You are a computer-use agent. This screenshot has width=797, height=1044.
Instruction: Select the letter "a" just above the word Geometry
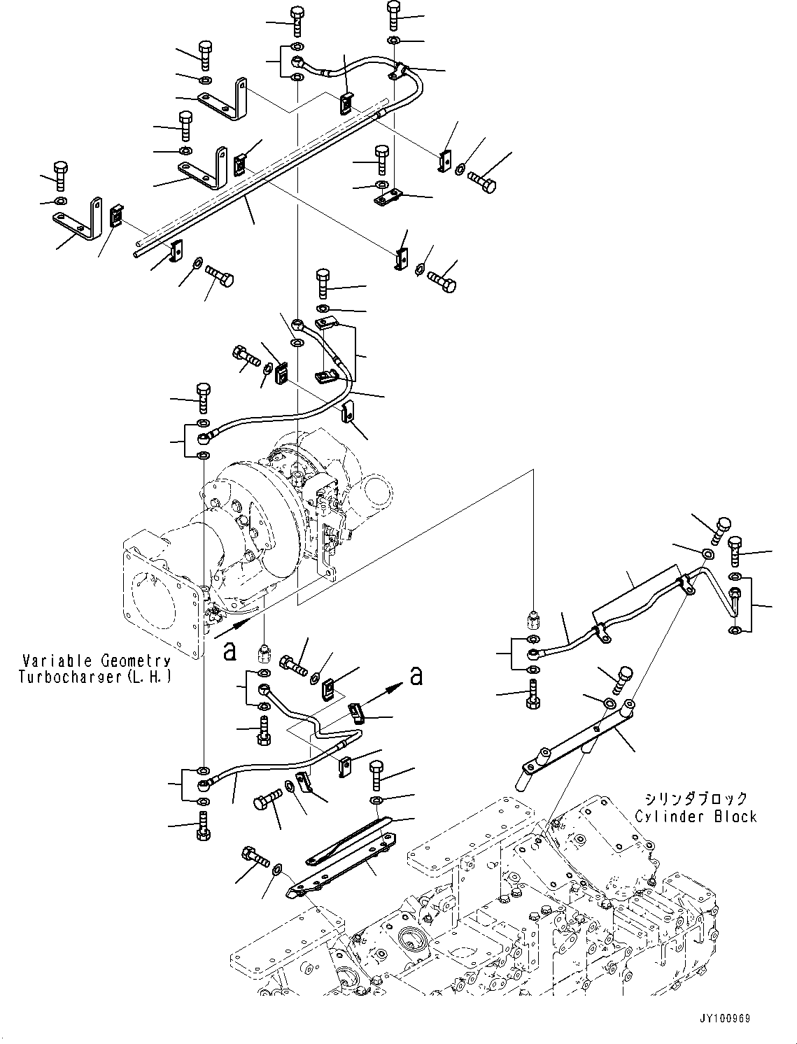229,651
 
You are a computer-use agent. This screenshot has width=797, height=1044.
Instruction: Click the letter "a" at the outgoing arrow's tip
416,675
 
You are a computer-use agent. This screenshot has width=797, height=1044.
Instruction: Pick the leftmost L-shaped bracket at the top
78,220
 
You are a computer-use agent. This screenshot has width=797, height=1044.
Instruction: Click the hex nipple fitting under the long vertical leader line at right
532,619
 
